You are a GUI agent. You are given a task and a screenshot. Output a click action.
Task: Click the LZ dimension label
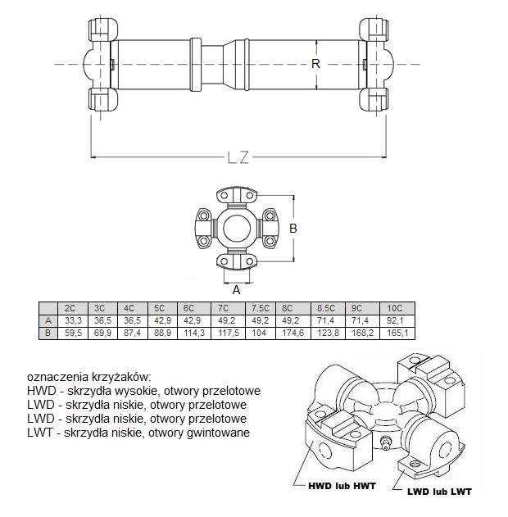(x=238, y=157)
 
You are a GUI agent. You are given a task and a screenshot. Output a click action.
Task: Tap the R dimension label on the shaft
(x=315, y=63)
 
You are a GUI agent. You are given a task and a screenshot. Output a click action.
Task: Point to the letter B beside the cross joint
(x=293, y=228)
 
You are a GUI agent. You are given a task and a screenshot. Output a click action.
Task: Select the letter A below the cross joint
(x=236, y=290)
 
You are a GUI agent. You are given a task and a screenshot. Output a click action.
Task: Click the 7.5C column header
(x=261, y=308)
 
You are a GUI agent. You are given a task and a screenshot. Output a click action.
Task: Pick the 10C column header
(x=397, y=308)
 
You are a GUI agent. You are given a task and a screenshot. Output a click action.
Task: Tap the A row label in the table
(x=48, y=320)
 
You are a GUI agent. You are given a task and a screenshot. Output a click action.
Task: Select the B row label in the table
(x=48, y=333)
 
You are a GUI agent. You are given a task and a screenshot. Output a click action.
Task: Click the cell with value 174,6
(x=293, y=333)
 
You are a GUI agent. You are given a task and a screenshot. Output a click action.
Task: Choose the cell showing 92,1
(x=397, y=320)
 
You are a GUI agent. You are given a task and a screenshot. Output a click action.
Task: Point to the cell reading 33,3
(x=73, y=320)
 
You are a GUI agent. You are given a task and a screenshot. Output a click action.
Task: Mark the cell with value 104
(x=261, y=333)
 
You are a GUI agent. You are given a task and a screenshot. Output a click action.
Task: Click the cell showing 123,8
(x=328, y=333)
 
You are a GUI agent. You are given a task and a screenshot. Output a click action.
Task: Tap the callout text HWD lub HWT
(x=342, y=486)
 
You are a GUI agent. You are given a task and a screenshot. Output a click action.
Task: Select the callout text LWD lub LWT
(x=439, y=492)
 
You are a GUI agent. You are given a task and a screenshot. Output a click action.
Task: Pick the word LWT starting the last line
(x=40, y=433)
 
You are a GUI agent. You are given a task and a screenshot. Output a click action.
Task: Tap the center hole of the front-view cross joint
(x=236, y=228)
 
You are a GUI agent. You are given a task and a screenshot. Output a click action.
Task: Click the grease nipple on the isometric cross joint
(x=384, y=442)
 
